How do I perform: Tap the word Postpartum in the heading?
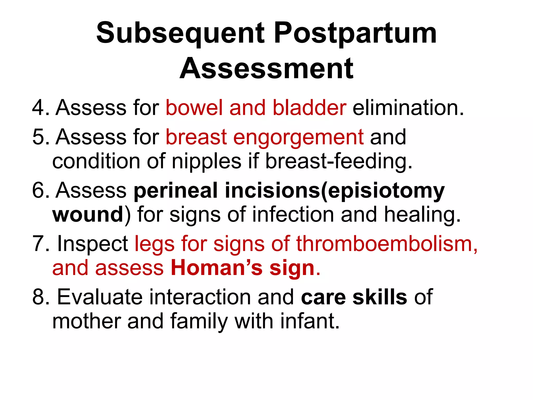[355, 33]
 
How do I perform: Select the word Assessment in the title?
[266, 68]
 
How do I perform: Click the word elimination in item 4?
[408, 108]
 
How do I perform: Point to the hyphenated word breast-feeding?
[338, 161]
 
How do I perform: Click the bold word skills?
[380, 297]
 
